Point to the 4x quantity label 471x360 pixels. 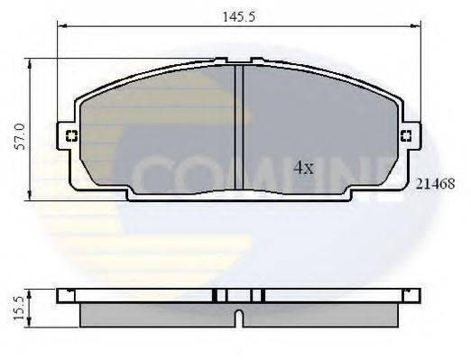(x=302, y=167)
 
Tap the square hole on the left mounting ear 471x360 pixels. (x=70, y=137)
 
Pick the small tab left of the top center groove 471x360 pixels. (x=219, y=60)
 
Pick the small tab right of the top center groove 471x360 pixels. (x=257, y=60)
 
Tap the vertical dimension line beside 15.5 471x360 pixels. (x=32, y=307)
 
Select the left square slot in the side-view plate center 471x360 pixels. (x=217, y=295)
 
